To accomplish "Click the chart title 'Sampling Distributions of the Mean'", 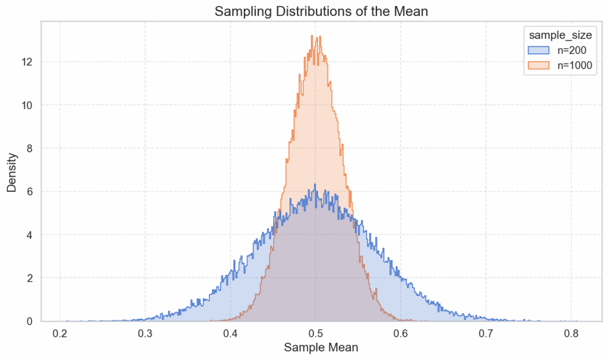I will (321, 11).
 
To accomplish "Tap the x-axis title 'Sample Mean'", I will (321, 348).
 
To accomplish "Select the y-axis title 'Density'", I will (12, 172).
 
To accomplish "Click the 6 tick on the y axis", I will (31, 191).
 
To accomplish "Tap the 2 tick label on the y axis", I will (31, 278).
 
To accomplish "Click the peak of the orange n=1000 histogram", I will (312, 36).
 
